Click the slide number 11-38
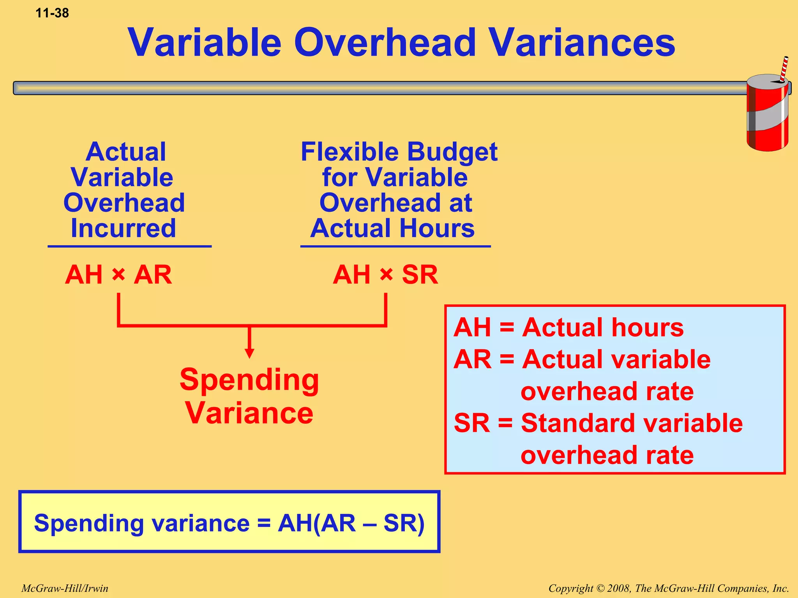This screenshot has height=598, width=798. (x=52, y=13)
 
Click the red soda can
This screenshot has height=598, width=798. (x=767, y=115)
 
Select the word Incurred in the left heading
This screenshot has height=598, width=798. (x=123, y=228)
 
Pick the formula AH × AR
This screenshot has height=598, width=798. (x=118, y=275)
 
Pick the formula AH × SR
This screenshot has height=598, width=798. (x=385, y=275)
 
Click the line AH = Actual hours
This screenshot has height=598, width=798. (x=568, y=327)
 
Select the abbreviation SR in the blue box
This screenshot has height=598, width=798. (x=471, y=423)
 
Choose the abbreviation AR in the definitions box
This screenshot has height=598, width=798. (x=472, y=359)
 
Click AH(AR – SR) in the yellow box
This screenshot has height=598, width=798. (x=351, y=523)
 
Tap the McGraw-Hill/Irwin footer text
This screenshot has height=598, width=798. (x=65, y=588)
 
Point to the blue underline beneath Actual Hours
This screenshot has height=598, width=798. (x=395, y=246)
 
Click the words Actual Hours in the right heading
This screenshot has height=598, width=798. (x=392, y=228)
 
